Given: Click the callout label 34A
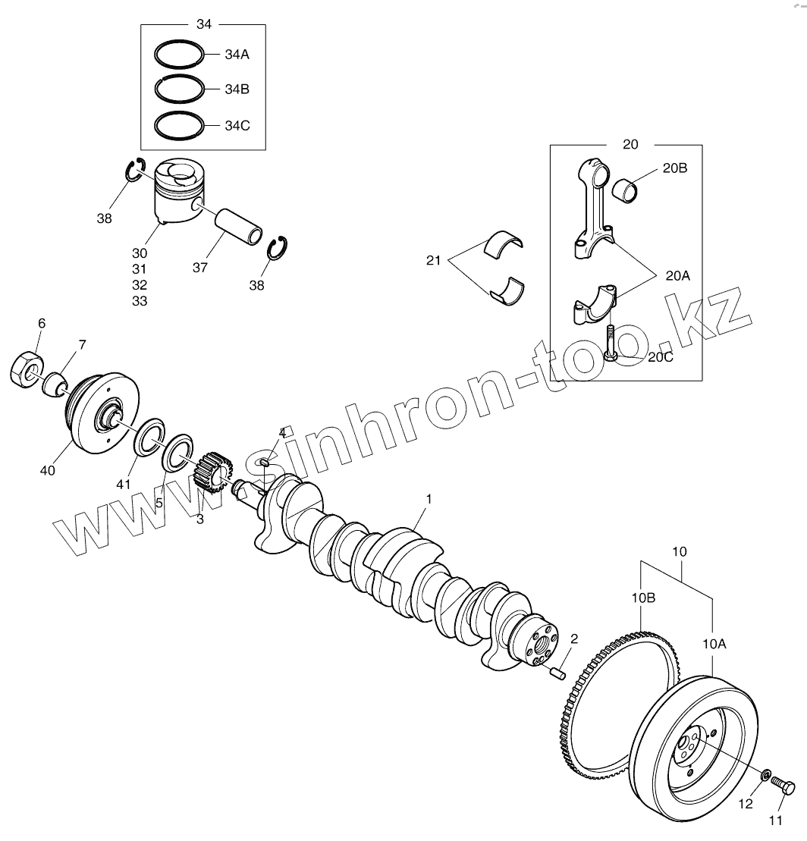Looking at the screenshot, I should (x=237, y=55).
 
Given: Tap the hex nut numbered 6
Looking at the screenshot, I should (x=27, y=369).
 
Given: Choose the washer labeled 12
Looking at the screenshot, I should (x=766, y=775).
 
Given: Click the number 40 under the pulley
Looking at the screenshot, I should (x=48, y=471).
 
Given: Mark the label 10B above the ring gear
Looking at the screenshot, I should (x=643, y=598).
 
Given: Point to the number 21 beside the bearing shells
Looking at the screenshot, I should (x=433, y=261).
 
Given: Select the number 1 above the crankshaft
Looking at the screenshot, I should (x=429, y=499).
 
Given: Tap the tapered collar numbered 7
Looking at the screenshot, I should (x=55, y=383).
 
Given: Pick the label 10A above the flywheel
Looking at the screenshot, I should (x=714, y=645).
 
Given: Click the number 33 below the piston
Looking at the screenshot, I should (x=139, y=301).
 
